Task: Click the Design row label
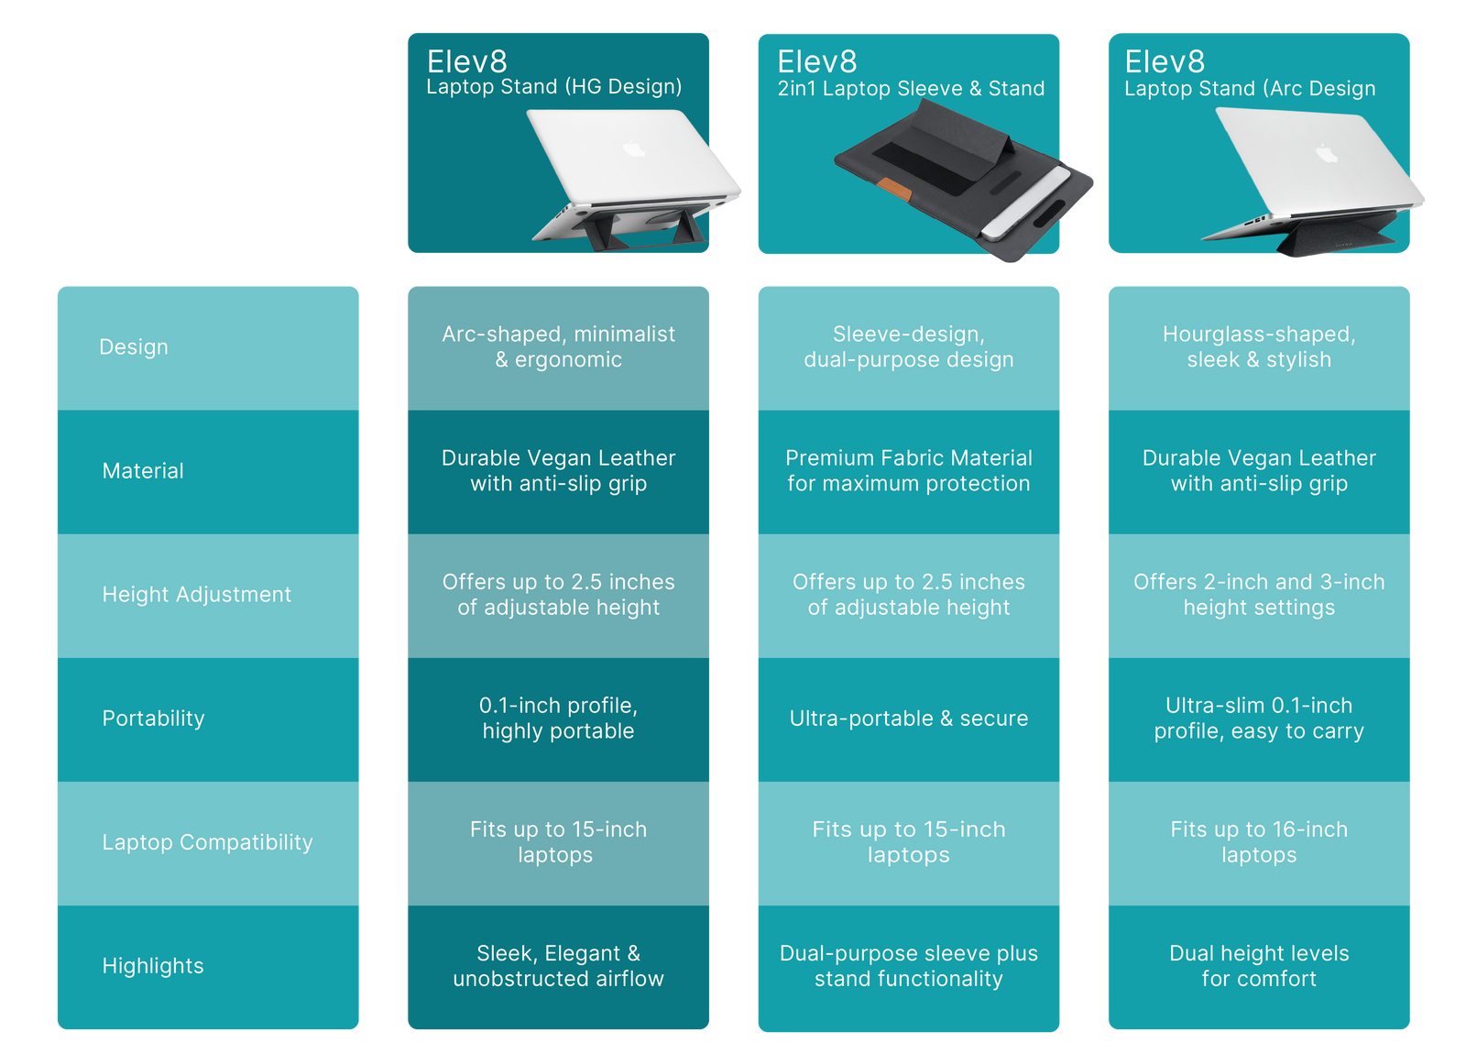coord(134,347)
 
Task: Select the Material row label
coord(143,471)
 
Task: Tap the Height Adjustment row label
coord(196,595)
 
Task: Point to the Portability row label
coord(153,719)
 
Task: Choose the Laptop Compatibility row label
coord(207,842)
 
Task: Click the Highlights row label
coord(153,966)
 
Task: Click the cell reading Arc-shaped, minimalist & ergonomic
coord(558,347)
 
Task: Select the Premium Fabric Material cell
coord(908,471)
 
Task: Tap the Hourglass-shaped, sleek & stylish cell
coord(1259,347)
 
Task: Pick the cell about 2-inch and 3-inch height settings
coord(1259,595)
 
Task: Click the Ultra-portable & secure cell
coord(908,719)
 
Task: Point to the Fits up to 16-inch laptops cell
coord(1259,842)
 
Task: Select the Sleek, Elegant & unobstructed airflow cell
coord(558,966)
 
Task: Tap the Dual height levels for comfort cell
coord(1259,966)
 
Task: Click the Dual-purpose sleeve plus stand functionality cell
coord(908,966)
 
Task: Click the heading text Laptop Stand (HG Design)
coord(553,87)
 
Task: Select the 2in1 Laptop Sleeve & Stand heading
coord(911,89)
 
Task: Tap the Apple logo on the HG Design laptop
coord(634,148)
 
